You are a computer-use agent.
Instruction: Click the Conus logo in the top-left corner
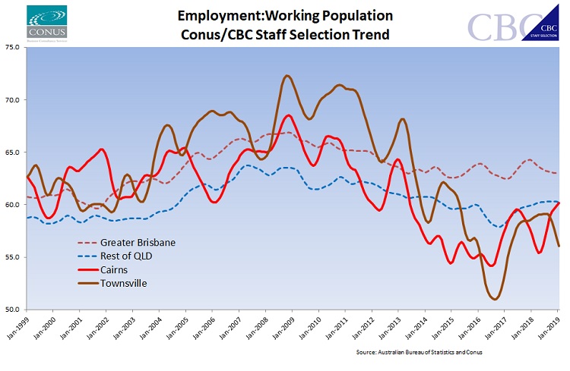[46, 24]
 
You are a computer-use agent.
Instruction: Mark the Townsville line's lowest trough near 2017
[495, 299]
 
